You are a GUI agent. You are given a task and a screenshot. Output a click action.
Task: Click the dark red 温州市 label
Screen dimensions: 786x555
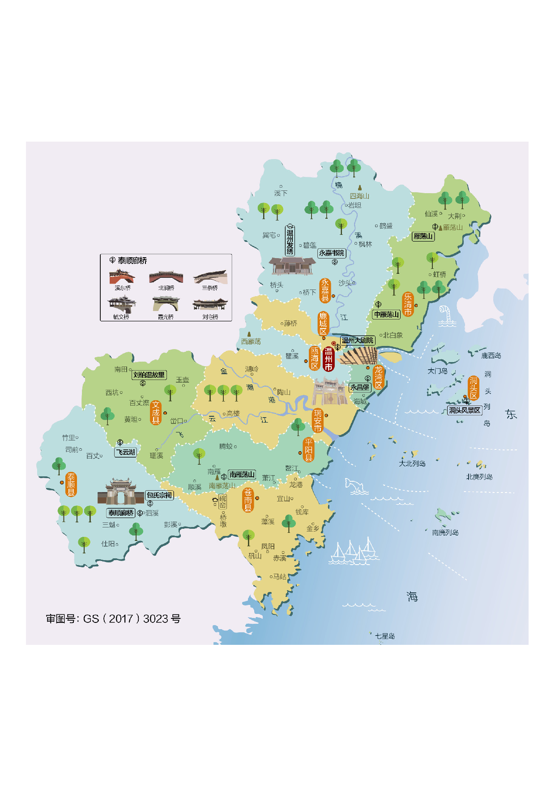point(328,359)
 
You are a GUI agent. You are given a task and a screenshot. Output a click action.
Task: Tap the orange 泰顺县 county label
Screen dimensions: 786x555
point(71,484)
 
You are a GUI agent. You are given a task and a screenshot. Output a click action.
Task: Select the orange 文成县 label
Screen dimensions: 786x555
point(155,412)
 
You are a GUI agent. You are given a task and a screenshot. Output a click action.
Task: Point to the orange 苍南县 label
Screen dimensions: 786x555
point(248,500)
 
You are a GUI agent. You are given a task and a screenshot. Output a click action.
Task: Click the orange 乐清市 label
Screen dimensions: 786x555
point(408,304)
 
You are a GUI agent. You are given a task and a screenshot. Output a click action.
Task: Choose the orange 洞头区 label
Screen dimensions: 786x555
point(474,388)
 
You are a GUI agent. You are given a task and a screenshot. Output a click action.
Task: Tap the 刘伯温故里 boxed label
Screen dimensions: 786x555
point(149,375)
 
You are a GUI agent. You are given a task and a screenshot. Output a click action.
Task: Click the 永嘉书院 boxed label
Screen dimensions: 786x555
point(332,253)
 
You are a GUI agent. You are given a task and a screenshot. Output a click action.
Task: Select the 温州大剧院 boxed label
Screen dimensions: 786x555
point(357,340)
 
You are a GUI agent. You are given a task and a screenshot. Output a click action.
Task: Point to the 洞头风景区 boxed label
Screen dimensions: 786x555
point(465,410)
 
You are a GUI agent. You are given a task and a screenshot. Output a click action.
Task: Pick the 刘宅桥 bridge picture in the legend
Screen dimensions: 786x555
point(210,305)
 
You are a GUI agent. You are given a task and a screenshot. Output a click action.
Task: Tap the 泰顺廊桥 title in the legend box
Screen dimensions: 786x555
point(132,260)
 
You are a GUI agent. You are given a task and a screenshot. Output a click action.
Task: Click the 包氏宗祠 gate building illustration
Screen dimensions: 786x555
point(121,492)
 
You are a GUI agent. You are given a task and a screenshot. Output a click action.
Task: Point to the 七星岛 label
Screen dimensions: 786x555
point(385,636)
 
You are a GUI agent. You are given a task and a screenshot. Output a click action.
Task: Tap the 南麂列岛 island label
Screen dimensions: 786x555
point(445,532)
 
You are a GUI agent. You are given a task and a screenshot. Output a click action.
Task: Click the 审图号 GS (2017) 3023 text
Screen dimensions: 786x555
point(113,619)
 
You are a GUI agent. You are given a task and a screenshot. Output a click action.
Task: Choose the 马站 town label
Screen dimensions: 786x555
point(279,577)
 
